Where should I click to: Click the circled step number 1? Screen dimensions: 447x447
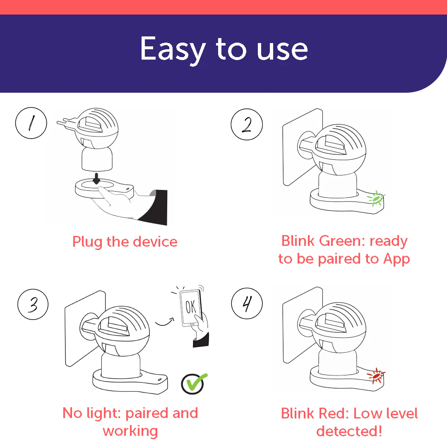click(x=31, y=123)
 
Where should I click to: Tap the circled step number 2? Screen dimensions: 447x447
click(x=247, y=124)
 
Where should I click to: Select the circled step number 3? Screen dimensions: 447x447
click(x=33, y=304)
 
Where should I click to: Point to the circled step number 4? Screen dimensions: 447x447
click(x=247, y=303)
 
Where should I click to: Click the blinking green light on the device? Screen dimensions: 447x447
click(x=376, y=198)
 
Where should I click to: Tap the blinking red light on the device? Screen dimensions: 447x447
click(x=376, y=376)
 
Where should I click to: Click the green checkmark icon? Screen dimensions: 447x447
click(x=194, y=383)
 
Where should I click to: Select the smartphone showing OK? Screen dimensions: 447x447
click(x=191, y=308)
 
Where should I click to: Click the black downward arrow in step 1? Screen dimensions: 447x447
click(x=96, y=178)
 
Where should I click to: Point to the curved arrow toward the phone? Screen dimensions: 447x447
click(x=165, y=322)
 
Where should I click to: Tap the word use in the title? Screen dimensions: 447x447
click(x=282, y=50)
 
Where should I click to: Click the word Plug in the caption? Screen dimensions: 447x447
click(x=87, y=242)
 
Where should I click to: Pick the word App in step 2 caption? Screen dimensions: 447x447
click(x=397, y=259)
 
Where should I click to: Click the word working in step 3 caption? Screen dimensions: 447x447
click(x=130, y=431)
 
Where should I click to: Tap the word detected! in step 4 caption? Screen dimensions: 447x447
click(x=349, y=431)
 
